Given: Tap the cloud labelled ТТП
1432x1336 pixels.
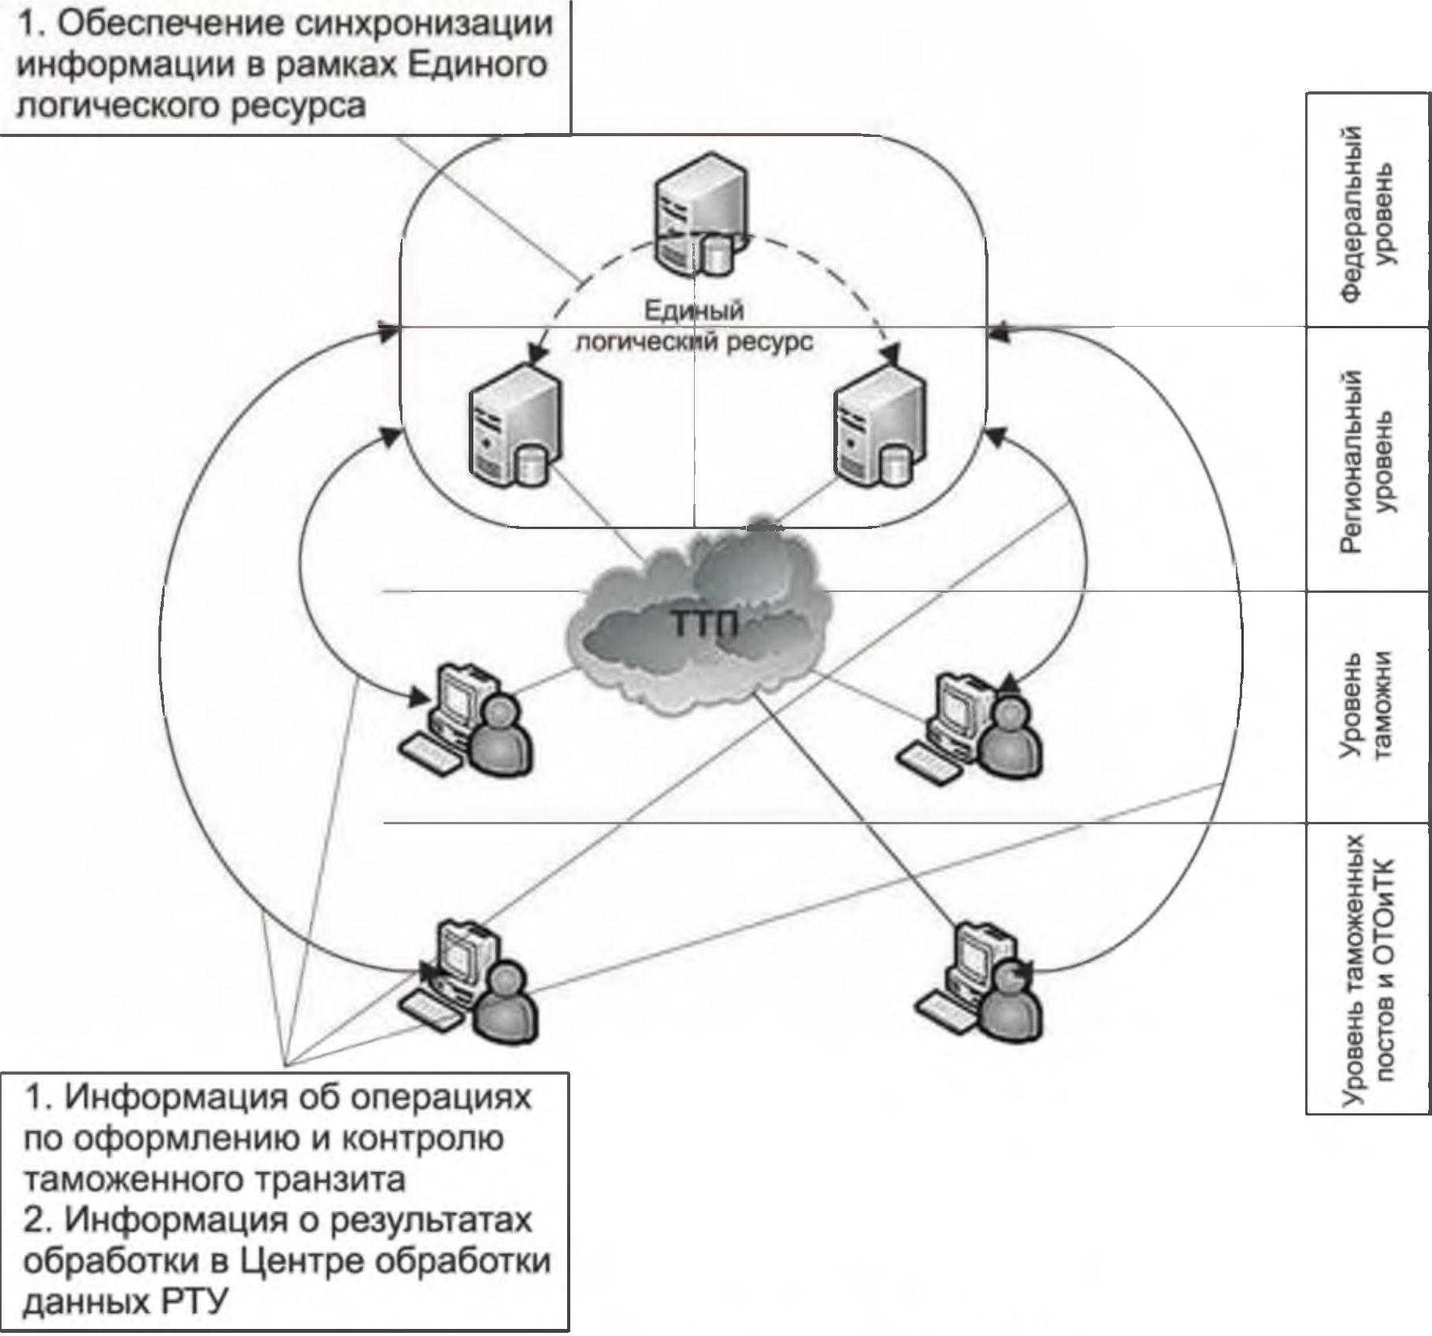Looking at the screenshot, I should click(x=701, y=622).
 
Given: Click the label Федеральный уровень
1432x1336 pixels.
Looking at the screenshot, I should click(x=1367, y=213).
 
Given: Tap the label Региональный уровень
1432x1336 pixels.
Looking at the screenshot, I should click(x=1367, y=461).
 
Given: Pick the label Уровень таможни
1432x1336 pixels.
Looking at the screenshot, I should click(x=1367, y=705).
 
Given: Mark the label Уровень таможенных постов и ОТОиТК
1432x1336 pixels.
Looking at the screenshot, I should click(x=1367, y=968).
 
